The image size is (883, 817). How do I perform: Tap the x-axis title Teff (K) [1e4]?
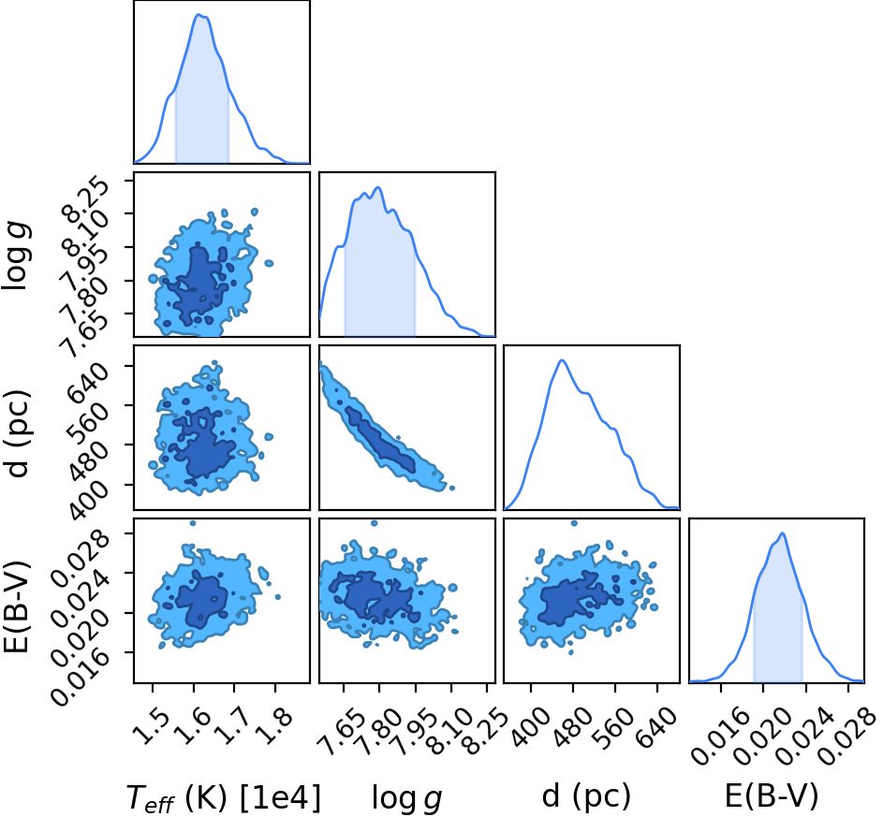pyautogui.click(x=225, y=798)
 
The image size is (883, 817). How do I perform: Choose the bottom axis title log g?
pyautogui.click(x=406, y=799)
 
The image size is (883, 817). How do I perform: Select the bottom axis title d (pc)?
pyautogui.click(x=586, y=797)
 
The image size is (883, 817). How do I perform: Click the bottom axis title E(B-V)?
pyautogui.click(x=771, y=797)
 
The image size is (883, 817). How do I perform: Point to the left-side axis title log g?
pyautogui.click(x=17, y=255)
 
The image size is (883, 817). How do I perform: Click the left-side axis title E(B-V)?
pyautogui.click(x=16, y=606)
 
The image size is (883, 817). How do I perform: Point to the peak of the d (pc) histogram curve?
pyautogui.click(x=562, y=360)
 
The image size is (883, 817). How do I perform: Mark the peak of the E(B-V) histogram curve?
pyautogui.click(x=783, y=533)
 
